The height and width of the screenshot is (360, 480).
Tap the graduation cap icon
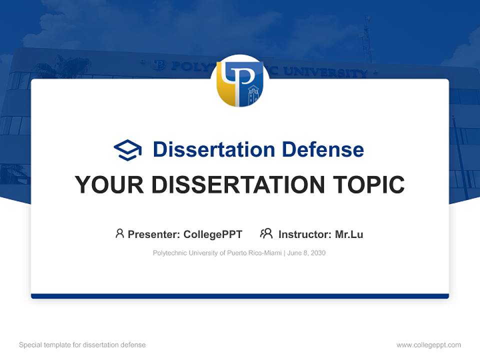(x=127, y=149)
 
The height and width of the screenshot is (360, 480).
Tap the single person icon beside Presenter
(x=119, y=233)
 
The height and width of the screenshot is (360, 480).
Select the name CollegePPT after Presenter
(x=213, y=234)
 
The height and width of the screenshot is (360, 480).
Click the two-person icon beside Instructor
(x=266, y=233)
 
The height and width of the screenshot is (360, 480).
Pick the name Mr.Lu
(x=349, y=234)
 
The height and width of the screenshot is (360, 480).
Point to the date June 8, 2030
(x=306, y=253)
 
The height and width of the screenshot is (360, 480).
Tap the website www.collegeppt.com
(x=428, y=345)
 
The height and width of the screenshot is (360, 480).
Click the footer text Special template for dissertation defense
(x=82, y=345)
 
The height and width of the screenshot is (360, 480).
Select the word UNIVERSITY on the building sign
(x=325, y=72)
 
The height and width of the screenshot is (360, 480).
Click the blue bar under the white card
(x=240, y=296)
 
